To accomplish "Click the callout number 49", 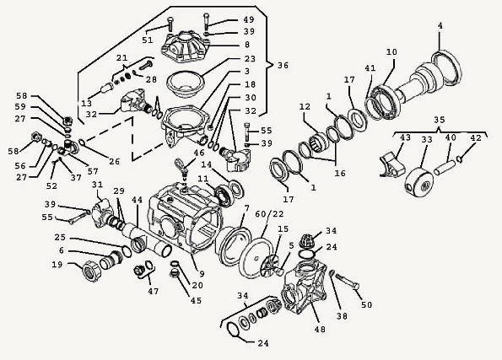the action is tap(248, 19).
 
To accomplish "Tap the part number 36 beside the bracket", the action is tap(283, 65).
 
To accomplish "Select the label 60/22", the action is tap(269, 214).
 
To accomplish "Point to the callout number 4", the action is tap(440, 25).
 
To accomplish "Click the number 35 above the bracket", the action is tap(440, 120).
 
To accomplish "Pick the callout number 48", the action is tap(320, 329).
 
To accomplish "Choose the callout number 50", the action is tap(366, 304).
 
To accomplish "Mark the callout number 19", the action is tap(57, 265).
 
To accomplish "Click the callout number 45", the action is tap(196, 300).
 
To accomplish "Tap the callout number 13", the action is tap(86, 104).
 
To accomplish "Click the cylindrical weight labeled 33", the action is tap(418, 182).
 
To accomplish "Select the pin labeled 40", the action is tap(445, 168).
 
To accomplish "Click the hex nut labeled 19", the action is tap(92, 271).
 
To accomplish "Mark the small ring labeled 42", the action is tap(460, 159).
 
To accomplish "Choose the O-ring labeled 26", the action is tap(81, 142).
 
